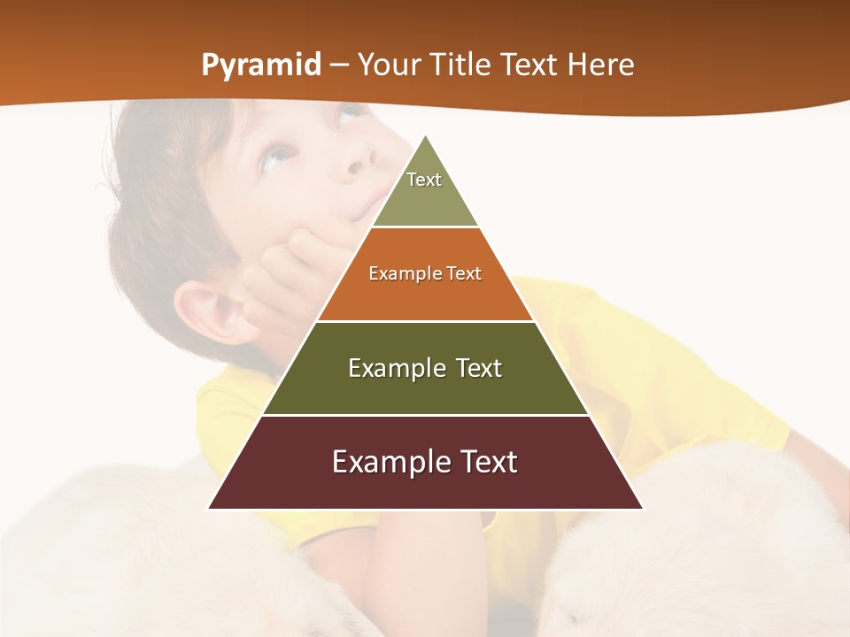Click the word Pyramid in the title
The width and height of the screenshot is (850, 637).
click(260, 65)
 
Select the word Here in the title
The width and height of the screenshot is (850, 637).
click(600, 65)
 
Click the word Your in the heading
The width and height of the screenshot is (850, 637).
click(388, 65)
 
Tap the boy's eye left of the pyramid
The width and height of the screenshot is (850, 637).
click(277, 157)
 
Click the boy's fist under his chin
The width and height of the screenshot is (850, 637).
click(288, 265)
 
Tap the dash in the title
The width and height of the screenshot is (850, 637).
click(338, 65)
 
